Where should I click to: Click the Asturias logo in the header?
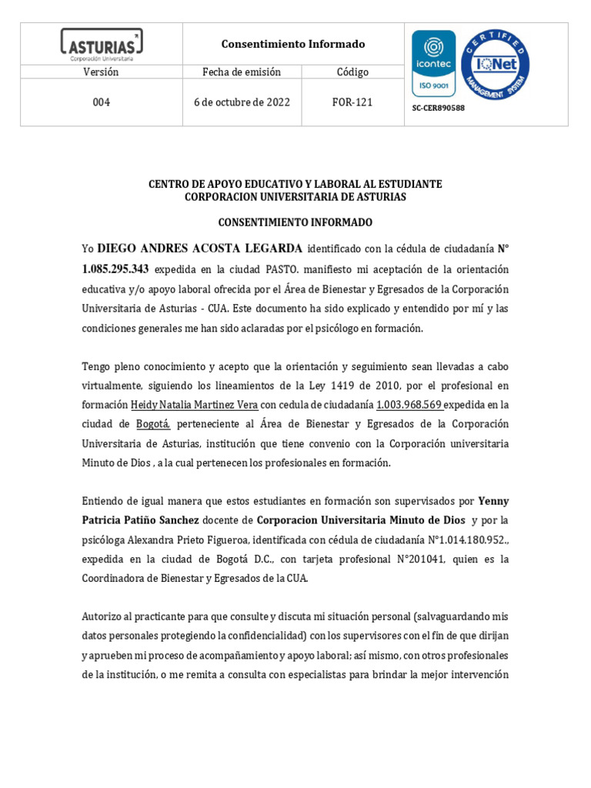point(102,44)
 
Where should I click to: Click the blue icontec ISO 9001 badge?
point(433,63)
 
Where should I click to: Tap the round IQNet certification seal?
point(495,64)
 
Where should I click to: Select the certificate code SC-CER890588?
point(439,109)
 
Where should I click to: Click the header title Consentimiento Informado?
point(293,44)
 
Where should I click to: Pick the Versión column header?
point(101,72)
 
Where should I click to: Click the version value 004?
point(101,102)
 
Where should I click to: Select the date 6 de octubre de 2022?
point(242,102)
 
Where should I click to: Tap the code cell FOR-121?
point(352,102)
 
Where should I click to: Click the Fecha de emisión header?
point(242,72)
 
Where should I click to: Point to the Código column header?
point(352,72)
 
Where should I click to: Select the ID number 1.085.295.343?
point(115,269)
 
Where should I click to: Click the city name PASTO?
point(282,270)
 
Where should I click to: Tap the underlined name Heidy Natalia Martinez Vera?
point(194,405)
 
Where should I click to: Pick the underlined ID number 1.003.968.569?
point(409,405)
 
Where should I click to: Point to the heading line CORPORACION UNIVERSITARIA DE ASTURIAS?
point(295,197)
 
